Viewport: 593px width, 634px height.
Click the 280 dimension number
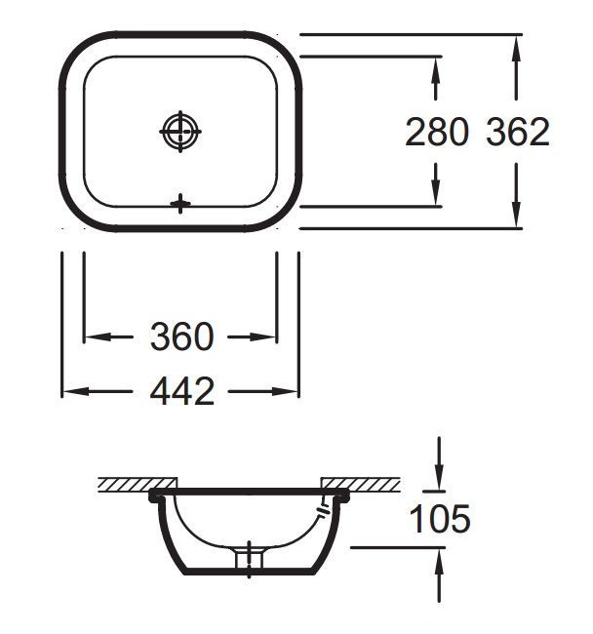[437, 132]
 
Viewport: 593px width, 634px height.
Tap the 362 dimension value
[518, 132]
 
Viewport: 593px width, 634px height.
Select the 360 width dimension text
[181, 337]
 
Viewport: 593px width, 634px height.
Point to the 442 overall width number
[182, 391]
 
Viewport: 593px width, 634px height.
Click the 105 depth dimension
[440, 519]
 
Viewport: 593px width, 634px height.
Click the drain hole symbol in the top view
[180, 132]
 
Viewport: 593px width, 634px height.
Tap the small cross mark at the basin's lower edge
[180, 204]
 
